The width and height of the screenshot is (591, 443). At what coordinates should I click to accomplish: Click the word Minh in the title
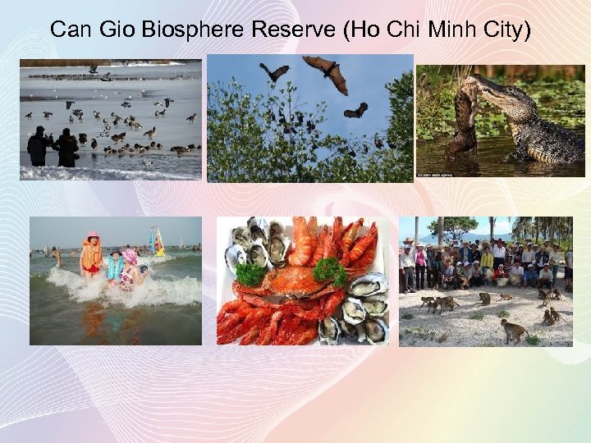point(447,30)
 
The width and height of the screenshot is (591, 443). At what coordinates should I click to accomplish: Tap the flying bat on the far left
point(274,71)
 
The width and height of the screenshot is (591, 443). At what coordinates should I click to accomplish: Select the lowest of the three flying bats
point(355,110)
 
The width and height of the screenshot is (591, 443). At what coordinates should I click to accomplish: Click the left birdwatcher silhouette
point(38,146)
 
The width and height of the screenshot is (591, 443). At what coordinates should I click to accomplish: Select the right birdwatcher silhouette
point(66,146)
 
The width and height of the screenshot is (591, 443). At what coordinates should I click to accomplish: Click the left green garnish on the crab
point(250,274)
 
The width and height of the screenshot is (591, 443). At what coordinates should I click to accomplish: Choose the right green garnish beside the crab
point(329,272)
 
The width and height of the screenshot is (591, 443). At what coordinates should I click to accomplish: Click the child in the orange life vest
point(92,256)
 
